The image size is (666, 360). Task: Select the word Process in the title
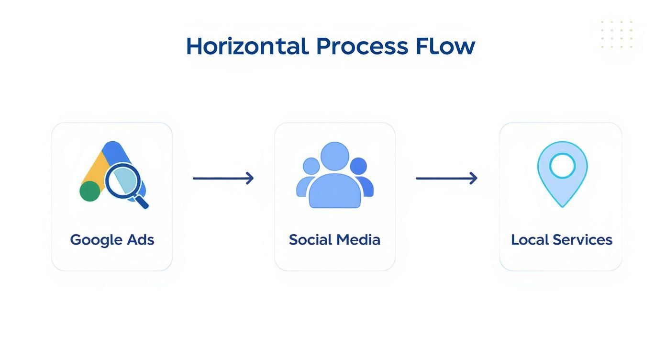(362, 46)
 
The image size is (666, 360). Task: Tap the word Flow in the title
(445, 46)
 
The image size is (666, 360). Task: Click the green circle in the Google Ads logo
(90, 191)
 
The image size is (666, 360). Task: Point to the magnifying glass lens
(122, 180)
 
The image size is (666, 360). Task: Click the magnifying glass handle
(141, 201)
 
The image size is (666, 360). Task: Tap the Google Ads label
(112, 240)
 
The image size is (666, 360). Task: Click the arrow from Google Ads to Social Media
(223, 178)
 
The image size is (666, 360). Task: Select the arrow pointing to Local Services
(446, 178)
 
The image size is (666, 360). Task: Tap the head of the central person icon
(335, 156)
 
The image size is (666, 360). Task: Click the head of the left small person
(311, 166)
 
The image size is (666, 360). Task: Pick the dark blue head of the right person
(358, 166)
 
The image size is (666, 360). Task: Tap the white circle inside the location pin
(562, 166)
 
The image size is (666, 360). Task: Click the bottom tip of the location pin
(562, 207)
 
